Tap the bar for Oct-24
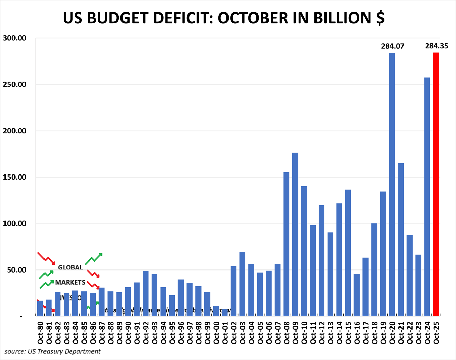coord(427,197)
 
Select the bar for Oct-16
coord(357,295)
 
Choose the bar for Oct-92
coord(146,294)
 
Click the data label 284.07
coord(392,46)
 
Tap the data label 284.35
coord(437,46)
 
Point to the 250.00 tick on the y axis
coord(14,85)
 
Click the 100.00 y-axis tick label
coord(14,224)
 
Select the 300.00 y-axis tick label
coord(14,38)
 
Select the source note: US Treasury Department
coord(52,351)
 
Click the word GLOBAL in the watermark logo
coord(70,267)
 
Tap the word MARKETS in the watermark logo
coord(70,282)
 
